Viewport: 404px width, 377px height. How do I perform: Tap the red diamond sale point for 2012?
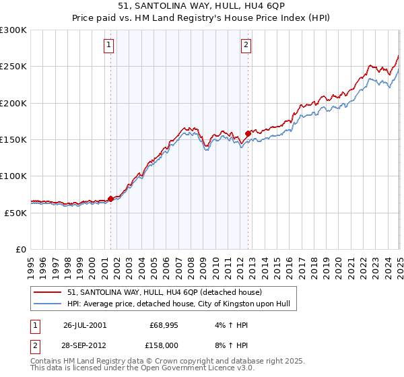[248, 133]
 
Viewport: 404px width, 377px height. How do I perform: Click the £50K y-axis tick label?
[15, 212]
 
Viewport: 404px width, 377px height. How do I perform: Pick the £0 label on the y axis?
[21, 249]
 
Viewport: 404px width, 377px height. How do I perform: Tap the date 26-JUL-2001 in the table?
[85, 324]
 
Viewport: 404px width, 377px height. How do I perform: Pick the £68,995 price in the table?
[164, 324]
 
